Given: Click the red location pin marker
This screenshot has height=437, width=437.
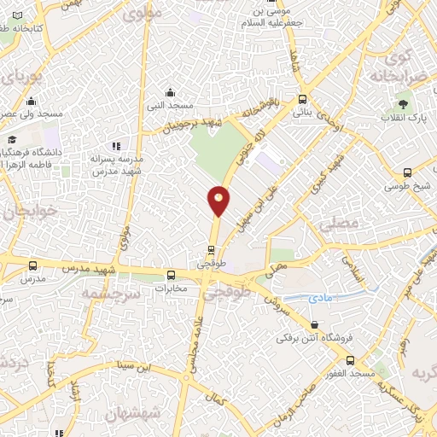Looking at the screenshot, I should coord(219,200).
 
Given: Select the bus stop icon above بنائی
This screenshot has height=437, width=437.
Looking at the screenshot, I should coord(303,99).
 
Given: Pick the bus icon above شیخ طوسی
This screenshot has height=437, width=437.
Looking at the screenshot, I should coord(407,172).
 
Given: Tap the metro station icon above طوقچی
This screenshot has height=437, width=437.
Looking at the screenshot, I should coord(211,250).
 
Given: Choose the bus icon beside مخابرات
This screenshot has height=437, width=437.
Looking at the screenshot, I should coord(172,275).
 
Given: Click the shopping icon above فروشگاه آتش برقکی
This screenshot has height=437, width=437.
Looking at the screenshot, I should coord(316,325).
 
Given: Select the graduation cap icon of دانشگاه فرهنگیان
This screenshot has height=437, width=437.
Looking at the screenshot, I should coord(12,139).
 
